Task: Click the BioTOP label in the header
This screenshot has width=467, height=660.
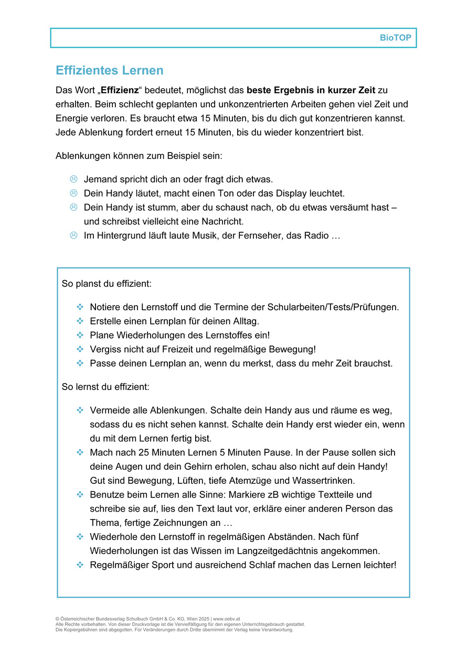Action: [x=395, y=38]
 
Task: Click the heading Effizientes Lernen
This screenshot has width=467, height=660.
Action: [x=109, y=70]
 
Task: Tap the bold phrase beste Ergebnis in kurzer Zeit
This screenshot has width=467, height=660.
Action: [x=311, y=90]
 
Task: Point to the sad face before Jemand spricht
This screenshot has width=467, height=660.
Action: [x=73, y=179]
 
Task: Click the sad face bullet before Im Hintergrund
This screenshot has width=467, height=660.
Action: [x=73, y=235]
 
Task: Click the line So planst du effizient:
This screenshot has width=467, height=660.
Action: [x=107, y=284]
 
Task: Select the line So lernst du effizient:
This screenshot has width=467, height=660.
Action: [x=105, y=387]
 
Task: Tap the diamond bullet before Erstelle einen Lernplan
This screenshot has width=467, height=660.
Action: [x=80, y=321]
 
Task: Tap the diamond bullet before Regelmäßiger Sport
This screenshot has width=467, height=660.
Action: [x=80, y=565]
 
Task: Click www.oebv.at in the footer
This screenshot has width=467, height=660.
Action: [x=226, y=619]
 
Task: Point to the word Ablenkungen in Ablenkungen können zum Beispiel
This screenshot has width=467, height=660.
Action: [x=82, y=156]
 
